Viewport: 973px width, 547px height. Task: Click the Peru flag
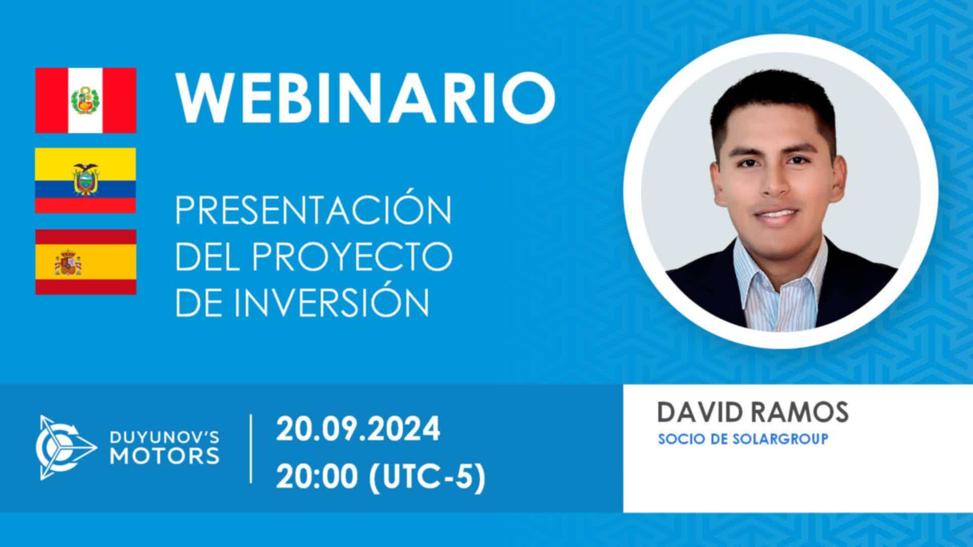86,100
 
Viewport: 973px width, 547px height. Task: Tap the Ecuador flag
86,180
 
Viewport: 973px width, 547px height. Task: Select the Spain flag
86,262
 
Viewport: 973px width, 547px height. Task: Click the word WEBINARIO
365,100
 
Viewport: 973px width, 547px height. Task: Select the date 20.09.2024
358,429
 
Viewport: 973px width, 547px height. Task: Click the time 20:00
318,477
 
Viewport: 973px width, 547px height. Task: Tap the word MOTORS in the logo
165,455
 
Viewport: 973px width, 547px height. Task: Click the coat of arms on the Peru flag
86,100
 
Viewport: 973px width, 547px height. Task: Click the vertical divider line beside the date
251,448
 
